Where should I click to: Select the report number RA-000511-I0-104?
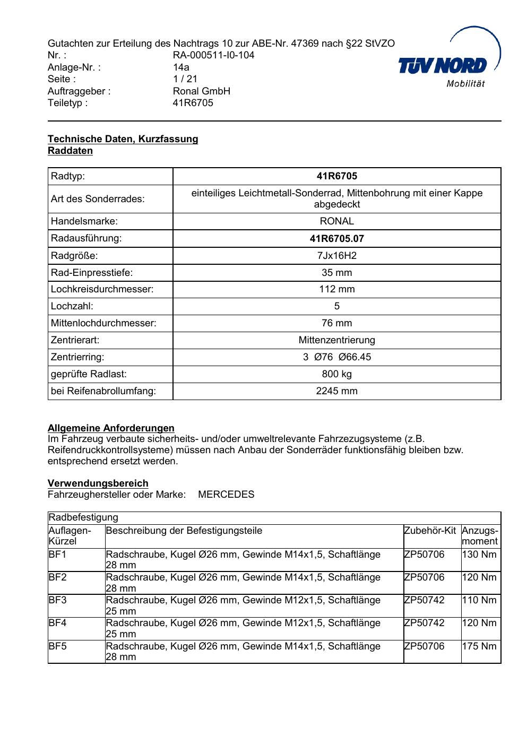point(213,55)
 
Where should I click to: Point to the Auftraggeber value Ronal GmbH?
point(201,91)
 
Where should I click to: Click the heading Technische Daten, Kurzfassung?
point(123,139)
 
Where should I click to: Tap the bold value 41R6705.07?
point(336,239)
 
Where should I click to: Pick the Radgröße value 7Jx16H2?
point(336,256)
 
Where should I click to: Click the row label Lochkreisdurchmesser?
point(102,289)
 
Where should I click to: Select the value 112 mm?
point(336,289)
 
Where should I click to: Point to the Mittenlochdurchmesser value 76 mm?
point(336,323)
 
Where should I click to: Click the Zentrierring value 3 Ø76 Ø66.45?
point(336,357)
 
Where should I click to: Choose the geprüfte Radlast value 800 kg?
point(336,374)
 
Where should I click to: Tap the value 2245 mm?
point(336,391)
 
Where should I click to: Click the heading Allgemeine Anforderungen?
point(111,428)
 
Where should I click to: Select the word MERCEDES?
point(226,495)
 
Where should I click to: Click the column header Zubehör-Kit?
point(430,531)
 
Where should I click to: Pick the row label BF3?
point(57,600)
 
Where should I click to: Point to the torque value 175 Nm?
point(479,646)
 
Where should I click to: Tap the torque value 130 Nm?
point(479,555)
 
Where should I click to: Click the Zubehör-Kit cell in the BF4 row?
point(424,623)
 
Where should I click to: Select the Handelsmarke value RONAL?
point(336,221)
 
